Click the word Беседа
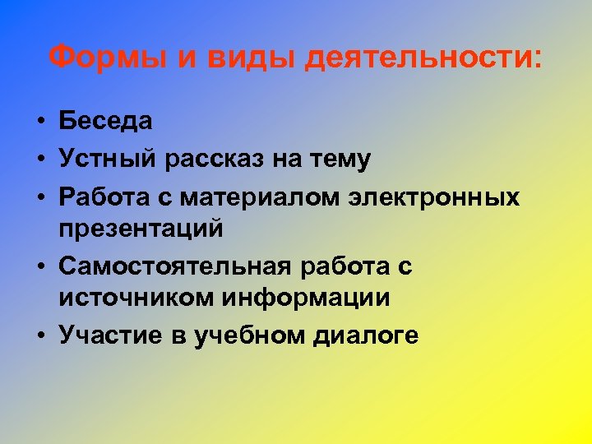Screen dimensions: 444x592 coord(106,122)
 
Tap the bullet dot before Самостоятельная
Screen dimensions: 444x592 coord(39,266)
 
